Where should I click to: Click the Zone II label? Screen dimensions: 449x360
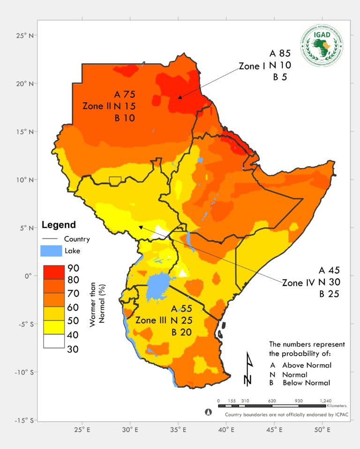coord(97,106)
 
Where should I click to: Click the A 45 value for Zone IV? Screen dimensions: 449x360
coord(329,271)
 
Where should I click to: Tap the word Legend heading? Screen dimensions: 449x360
coord(59,225)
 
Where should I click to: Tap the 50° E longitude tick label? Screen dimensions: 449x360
coord(322,430)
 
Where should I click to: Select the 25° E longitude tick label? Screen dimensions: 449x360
coord(82,430)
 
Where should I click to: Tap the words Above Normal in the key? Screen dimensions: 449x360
coord(307,365)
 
